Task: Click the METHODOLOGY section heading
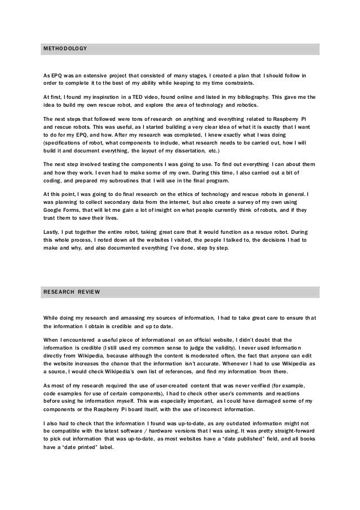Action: [x=65, y=49]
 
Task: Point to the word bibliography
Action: [x=248, y=97]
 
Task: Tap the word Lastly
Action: [x=52, y=232]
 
